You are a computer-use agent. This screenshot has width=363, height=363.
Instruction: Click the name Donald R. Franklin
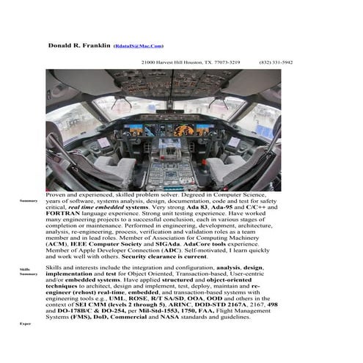pos(79,45)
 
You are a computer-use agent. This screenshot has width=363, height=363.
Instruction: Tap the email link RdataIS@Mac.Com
pos(139,46)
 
